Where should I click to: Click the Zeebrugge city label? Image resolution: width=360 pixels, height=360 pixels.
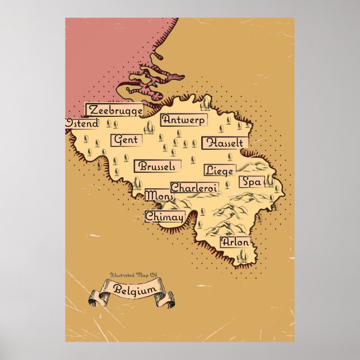pos(114,110)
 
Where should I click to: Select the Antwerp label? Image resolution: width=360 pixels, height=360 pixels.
pos(183,120)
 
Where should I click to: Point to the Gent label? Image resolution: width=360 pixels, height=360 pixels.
pos(126,140)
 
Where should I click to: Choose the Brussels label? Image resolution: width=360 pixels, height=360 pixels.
pos(158,167)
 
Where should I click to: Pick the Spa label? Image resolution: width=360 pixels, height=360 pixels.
pos(250,182)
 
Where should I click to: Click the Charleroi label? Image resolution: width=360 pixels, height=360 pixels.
pos(193,188)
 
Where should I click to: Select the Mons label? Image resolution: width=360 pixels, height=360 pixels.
pos(159,196)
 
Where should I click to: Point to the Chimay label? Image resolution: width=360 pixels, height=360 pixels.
pos(164,216)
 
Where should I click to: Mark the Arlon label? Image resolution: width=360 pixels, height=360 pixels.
pos(234,243)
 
